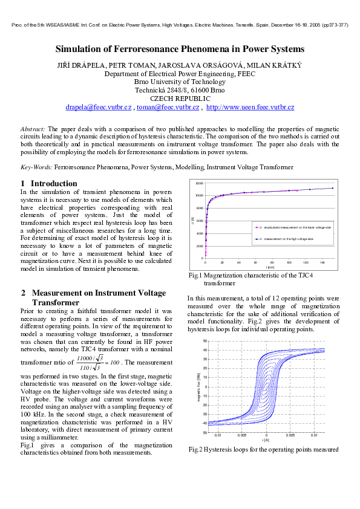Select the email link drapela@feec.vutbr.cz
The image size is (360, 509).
coord(98,107)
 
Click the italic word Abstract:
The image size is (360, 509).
coord(33,129)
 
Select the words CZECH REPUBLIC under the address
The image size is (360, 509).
coord(180,99)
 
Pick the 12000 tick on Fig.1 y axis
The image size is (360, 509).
coord(199,183)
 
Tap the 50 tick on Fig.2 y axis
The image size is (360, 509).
coord(205,342)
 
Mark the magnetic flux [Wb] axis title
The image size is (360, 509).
coord(198,387)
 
